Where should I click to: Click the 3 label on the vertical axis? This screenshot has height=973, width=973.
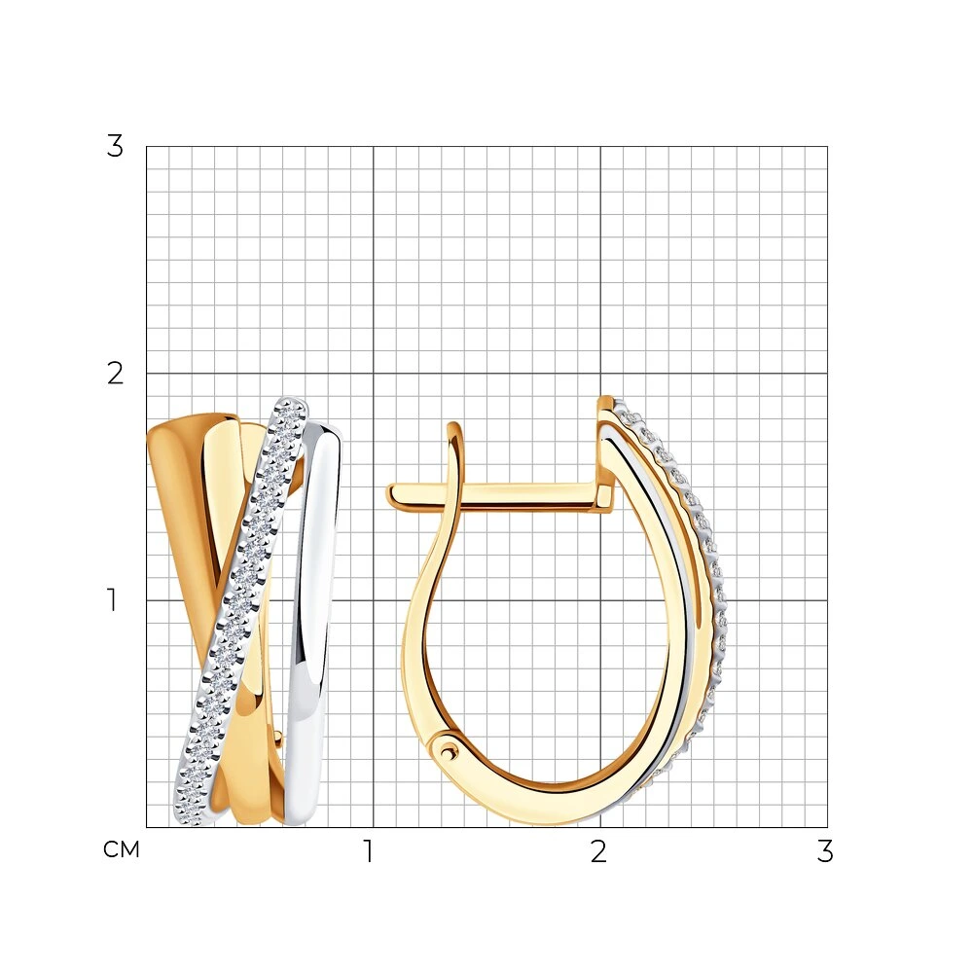coord(115,147)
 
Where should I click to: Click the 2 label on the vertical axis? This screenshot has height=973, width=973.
coord(116,374)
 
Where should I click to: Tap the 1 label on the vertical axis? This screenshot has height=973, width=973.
coord(112,600)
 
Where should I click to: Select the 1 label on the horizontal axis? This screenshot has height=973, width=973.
coord(369,851)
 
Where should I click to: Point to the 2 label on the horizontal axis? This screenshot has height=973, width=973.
coord(598,851)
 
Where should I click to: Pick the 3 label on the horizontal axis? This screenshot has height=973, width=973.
coord(825,851)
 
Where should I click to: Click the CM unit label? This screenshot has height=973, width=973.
coord(122,849)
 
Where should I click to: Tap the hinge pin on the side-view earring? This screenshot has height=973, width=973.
coord(447,750)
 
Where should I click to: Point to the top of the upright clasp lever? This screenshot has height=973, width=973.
coord(455,426)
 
